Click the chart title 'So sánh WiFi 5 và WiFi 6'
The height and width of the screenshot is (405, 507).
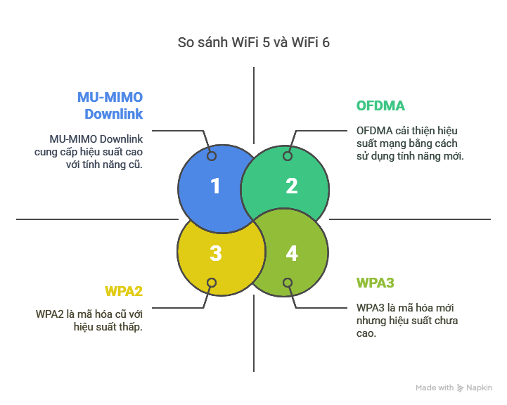tap(253, 42)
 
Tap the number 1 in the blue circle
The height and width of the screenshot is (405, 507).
tap(216, 186)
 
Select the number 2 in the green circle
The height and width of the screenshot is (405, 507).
tap(292, 186)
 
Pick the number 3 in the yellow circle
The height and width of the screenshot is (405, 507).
tap(216, 253)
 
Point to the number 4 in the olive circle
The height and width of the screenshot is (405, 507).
tap(292, 253)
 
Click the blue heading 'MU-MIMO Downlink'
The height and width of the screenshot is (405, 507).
tap(110, 105)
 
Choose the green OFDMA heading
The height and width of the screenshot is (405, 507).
tap(380, 106)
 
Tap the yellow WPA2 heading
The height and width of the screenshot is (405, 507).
tap(124, 291)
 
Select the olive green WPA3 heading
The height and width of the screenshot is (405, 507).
tap(375, 283)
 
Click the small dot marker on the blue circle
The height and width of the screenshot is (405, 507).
tap(212, 156)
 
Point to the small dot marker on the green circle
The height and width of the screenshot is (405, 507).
tap(287, 156)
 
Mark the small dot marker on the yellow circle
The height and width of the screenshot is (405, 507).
tap(212, 283)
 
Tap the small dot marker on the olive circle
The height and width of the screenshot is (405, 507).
tap(287, 283)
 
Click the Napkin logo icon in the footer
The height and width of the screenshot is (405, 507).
tap(461, 387)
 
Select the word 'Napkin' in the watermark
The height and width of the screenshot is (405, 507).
tap(480, 387)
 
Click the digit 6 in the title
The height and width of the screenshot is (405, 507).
tap(326, 42)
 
